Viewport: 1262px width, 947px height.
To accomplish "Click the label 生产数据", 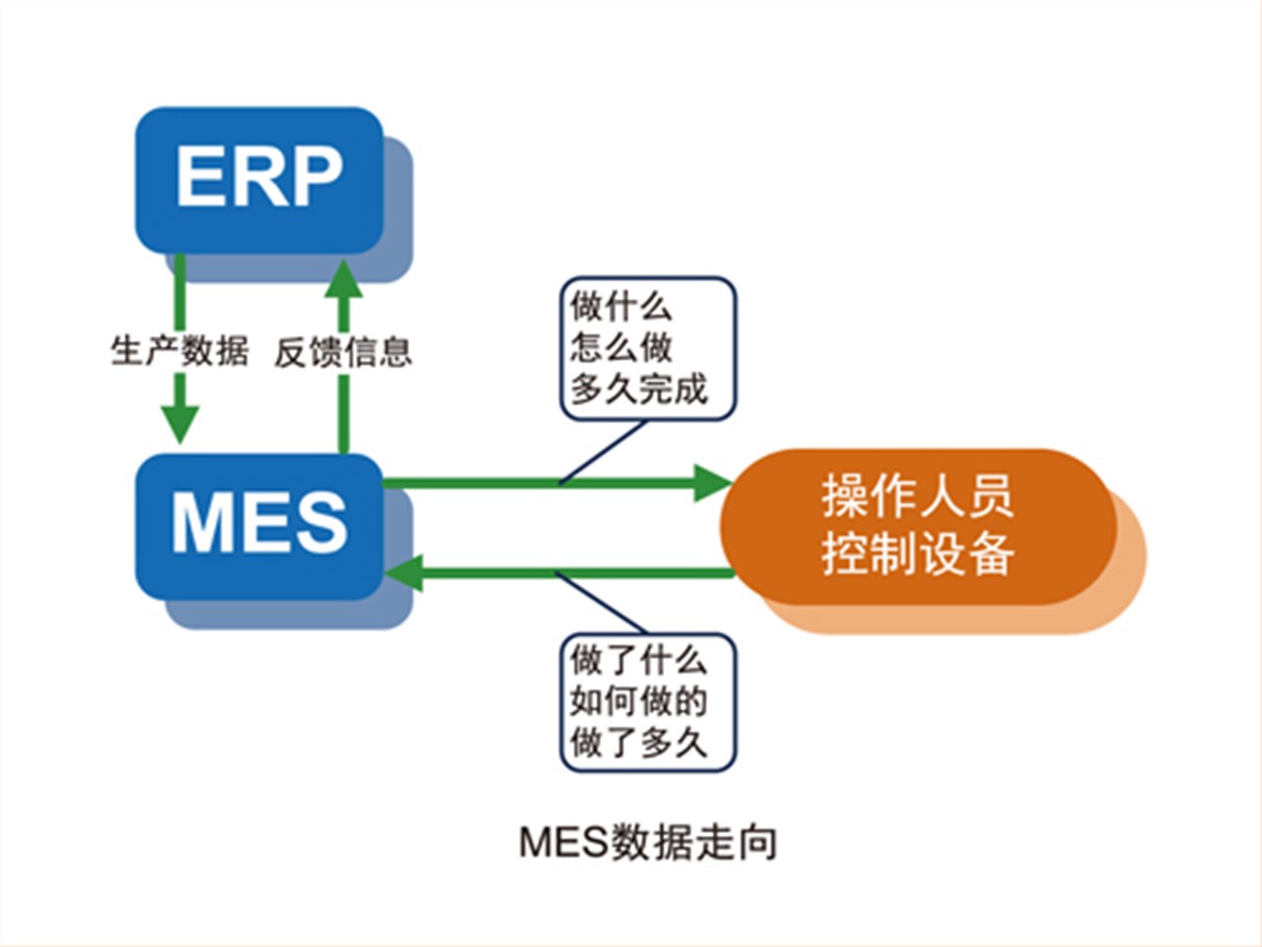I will click(x=178, y=351).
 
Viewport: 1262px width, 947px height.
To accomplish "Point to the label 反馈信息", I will click(x=342, y=351).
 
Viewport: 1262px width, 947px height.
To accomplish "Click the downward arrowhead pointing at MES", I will click(x=179, y=424).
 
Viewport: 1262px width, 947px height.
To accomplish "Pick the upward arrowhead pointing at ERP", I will click(x=344, y=279).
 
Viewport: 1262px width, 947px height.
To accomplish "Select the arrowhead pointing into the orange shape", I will click(x=712, y=482).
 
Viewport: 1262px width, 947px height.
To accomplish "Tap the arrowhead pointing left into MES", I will click(x=404, y=573).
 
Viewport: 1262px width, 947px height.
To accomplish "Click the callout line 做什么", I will click(x=621, y=307).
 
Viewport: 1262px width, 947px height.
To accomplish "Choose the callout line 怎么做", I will click(x=621, y=347).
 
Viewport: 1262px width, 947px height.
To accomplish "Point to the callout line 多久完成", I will click(x=639, y=389).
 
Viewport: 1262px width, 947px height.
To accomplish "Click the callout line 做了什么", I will click(x=638, y=659).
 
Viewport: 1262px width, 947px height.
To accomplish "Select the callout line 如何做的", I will click(x=638, y=701).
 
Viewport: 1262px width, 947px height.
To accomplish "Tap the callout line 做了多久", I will click(x=638, y=742).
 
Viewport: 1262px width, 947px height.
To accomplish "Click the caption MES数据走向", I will click(x=648, y=842).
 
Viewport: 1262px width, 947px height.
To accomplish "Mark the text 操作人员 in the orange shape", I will click(x=917, y=495).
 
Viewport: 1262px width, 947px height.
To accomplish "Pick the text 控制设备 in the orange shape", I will click(x=917, y=553).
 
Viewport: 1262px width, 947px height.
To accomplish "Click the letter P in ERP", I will click(x=314, y=178).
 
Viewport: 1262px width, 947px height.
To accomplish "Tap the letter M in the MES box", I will click(x=204, y=523).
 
